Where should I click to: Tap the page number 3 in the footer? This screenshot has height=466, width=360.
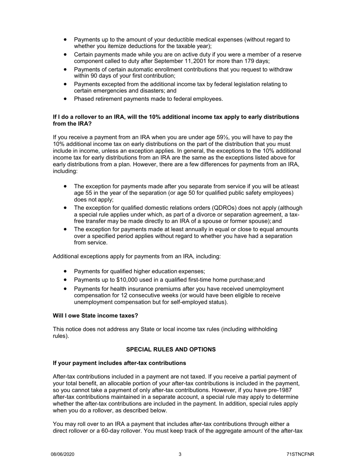pyautogui.click(x=180, y=454)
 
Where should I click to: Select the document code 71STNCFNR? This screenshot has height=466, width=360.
pyautogui.click(x=301, y=454)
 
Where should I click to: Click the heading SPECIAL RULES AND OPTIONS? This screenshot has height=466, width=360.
pyautogui.click(x=171, y=349)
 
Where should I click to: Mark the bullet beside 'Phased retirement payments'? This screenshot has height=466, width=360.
pyautogui.click(x=66, y=99)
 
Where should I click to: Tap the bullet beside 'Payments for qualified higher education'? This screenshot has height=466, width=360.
pyautogui.click(x=66, y=271)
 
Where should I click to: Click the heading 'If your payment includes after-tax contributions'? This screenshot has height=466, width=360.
pyautogui.click(x=119, y=363)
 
